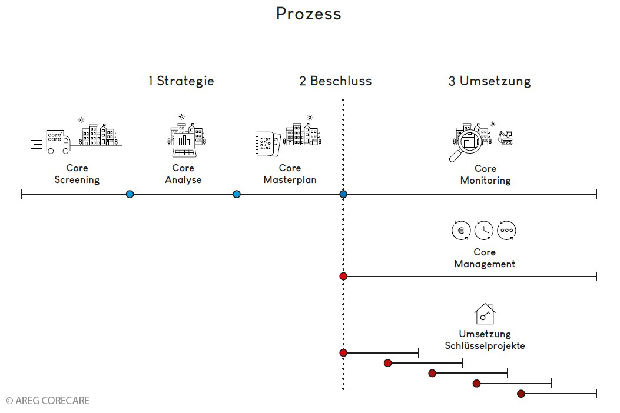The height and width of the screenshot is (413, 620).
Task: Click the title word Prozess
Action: tap(309, 14)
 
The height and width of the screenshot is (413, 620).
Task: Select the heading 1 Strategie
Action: tap(181, 81)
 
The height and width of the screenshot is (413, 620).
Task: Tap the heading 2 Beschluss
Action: tap(335, 81)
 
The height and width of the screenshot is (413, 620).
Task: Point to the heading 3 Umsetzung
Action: tap(489, 81)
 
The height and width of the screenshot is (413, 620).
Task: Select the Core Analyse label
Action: tap(183, 174)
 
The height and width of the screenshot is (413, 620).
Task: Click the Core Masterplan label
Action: tap(290, 174)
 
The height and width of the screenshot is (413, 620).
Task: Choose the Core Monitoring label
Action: tap(485, 175)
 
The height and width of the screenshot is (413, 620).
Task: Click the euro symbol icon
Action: tap(460, 231)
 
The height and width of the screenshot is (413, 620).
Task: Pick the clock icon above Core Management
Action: tap(483, 231)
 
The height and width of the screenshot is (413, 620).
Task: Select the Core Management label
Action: tap(485, 258)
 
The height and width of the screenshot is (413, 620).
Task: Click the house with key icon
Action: tap(485, 314)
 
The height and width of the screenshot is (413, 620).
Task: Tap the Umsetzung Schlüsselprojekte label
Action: tap(485, 340)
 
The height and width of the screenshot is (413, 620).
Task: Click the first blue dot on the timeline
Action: tap(130, 194)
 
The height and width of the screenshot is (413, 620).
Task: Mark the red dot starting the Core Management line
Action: tap(343, 277)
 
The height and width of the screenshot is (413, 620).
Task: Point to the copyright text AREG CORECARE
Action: tap(48, 401)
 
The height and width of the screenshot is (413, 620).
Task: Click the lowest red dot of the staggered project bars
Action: tap(521, 394)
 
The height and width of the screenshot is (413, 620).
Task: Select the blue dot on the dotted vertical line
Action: tap(343, 194)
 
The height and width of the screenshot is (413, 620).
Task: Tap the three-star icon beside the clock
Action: tap(506, 231)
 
